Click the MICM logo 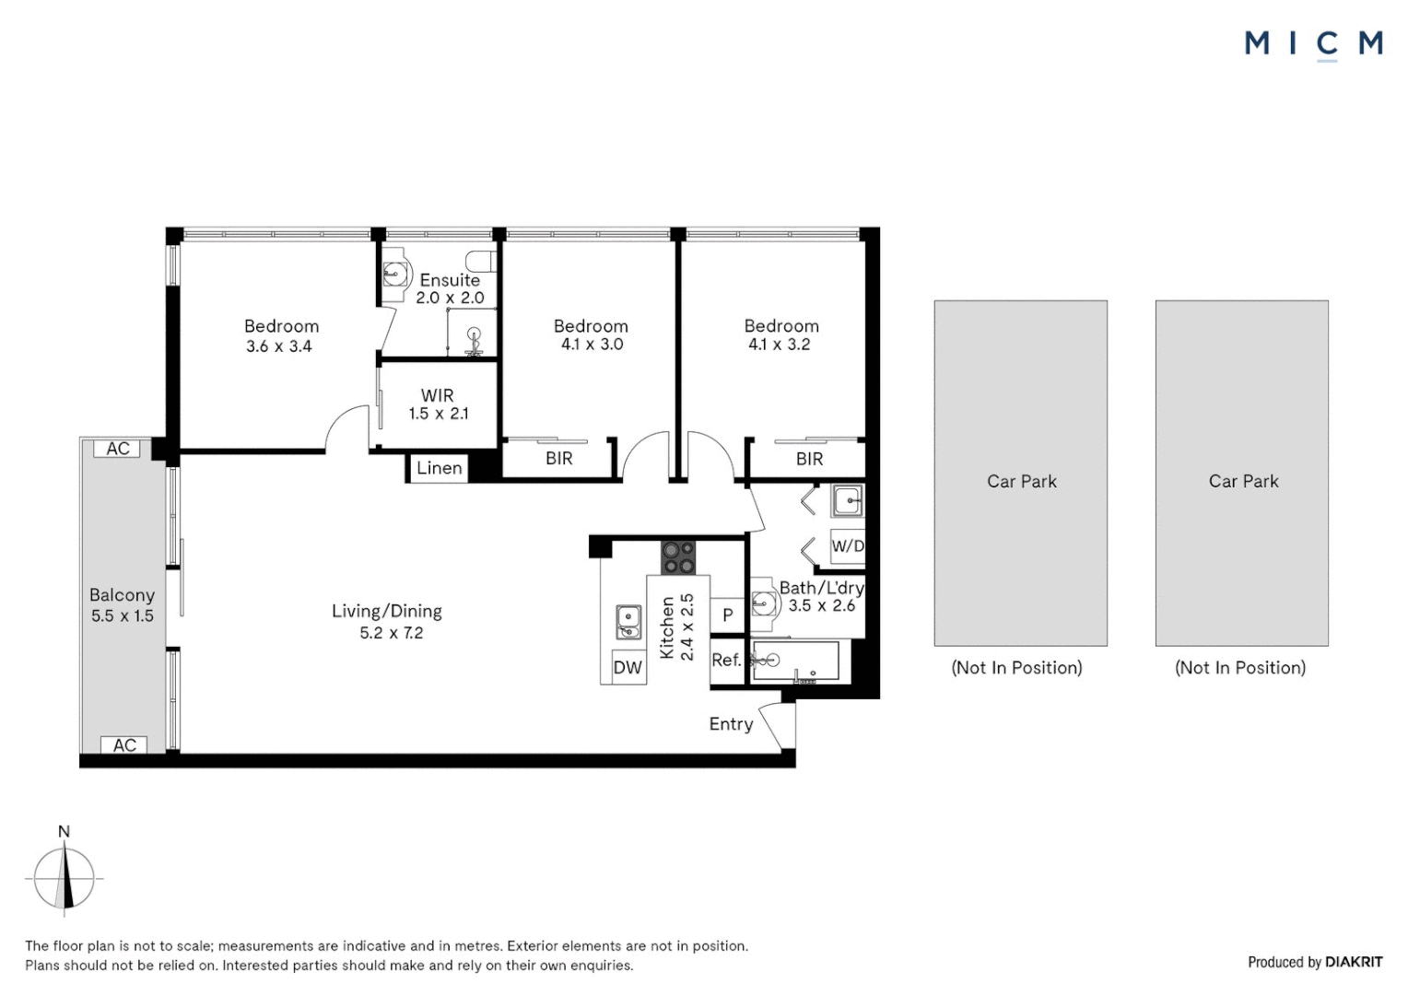[x=1313, y=44]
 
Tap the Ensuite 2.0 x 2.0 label [x=450, y=288]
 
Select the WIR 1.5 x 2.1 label [x=438, y=404]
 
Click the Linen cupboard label [x=439, y=468]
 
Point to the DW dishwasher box [x=628, y=667]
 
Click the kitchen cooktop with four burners [x=677, y=557]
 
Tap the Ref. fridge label [x=727, y=660]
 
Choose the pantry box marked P [x=727, y=615]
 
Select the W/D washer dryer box [x=848, y=545]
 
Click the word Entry [x=731, y=724]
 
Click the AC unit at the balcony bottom [x=123, y=744]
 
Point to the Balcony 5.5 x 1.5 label [x=122, y=605]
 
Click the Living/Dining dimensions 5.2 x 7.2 [x=391, y=632]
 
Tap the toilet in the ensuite [x=481, y=261]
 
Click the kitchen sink [x=628, y=622]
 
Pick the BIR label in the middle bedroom [x=558, y=459]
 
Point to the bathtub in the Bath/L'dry [x=795, y=660]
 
